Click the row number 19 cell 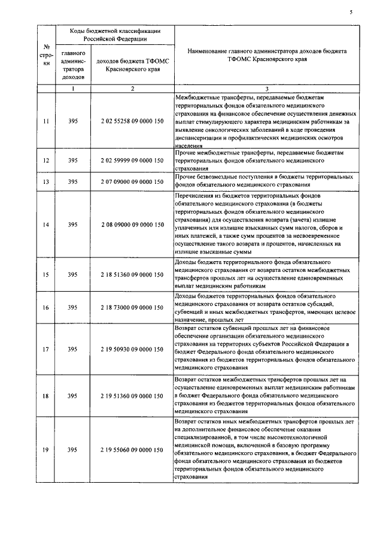pyautogui.click(x=46, y=449)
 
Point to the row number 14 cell pyautogui.click(x=46, y=225)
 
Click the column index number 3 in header pyautogui.click(x=266, y=89)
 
